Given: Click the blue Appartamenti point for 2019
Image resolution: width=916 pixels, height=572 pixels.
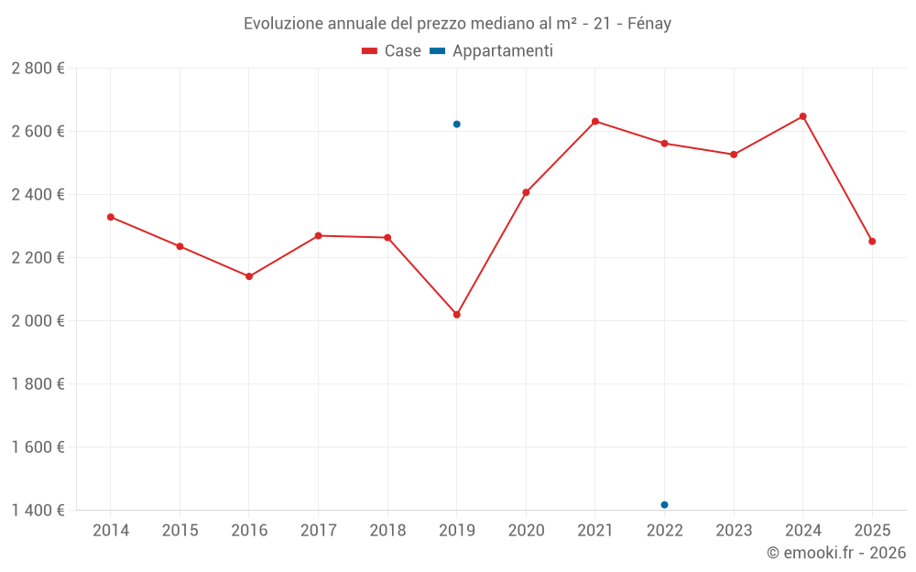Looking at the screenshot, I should pos(456,124).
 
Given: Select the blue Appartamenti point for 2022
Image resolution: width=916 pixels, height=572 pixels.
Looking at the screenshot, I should pos(664,505).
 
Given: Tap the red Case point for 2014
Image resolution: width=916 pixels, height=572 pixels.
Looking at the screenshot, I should pos(111,217).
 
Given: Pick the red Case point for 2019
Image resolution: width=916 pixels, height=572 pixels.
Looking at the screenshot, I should pos(456,315).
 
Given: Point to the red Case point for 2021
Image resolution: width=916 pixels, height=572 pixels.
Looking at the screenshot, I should pos(595,122).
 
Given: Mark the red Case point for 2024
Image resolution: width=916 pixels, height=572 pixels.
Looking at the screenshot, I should pos(802,116).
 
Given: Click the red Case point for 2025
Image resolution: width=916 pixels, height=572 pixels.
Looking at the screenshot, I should pos(872,242).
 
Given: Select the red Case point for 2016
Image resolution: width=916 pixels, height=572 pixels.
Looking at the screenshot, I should pos(249,276).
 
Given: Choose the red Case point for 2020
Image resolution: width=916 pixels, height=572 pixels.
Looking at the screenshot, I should pos(526,192).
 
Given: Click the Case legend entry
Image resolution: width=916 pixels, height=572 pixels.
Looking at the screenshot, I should pos(391,51).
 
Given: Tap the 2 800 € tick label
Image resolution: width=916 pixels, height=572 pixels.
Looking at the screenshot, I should pos(38,69).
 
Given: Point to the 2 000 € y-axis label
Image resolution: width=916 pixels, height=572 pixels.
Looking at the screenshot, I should pos(38,321).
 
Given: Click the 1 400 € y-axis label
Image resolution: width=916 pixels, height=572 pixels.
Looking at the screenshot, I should pos(38,511).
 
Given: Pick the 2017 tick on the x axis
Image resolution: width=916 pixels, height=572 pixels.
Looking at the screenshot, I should pos(318,531).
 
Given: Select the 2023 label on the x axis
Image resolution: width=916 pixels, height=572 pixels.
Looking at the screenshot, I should pos(734,531).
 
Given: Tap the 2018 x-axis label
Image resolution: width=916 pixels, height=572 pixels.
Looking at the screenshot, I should pos(387,531).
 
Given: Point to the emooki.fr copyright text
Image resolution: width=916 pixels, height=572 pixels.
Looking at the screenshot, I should pos(835,553).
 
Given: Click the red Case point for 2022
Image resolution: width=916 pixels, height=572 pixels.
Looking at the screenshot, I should pos(664,144).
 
